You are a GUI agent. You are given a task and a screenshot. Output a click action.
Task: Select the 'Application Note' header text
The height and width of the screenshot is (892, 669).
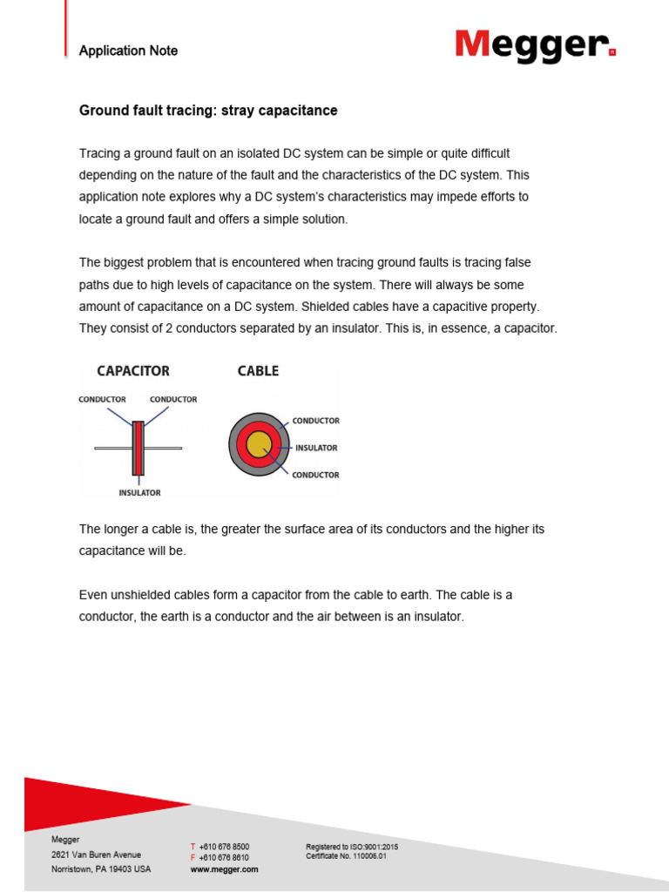(x=128, y=51)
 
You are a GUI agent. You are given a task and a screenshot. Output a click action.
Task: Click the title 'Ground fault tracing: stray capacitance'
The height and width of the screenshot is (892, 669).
(x=208, y=111)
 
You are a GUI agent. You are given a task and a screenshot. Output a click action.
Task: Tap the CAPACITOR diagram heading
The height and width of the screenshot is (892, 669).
(x=133, y=371)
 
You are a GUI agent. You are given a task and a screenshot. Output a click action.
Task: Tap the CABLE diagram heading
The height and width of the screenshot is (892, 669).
(x=258, y=371)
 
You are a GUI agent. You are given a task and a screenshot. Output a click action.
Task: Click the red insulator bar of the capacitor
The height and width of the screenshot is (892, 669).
(x=138, y=448)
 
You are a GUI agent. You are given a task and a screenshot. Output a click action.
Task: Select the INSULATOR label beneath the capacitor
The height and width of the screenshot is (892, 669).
(x=139, y=492)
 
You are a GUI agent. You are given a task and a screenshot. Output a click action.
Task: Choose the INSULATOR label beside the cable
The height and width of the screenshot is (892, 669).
(x=316, y=448)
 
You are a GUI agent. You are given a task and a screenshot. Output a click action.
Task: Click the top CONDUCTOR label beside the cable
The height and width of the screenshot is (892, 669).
(x=315, y=421)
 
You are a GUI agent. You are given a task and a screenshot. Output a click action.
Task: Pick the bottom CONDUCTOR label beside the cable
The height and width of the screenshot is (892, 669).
(x=315, y=475)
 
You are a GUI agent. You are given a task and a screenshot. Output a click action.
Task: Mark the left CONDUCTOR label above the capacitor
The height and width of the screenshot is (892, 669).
(x=102, y=400)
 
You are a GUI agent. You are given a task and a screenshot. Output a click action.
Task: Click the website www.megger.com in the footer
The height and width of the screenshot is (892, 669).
(x=224, y=869)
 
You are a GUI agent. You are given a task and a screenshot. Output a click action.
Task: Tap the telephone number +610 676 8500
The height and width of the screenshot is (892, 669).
(x=224, y=847)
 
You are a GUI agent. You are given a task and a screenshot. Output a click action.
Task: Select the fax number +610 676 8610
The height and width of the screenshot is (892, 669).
(x=224, y=858)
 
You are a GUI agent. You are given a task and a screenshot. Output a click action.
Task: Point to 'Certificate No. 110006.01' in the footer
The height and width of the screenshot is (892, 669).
(x=345, y=856)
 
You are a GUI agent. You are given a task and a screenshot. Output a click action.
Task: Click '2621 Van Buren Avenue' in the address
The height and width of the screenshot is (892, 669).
(x=96, y=855)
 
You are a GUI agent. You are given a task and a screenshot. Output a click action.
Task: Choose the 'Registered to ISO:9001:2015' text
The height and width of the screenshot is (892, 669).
(x=352, y=847)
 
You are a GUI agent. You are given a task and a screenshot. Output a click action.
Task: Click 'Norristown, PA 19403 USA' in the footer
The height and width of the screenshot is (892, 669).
(x=101, y=869)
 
